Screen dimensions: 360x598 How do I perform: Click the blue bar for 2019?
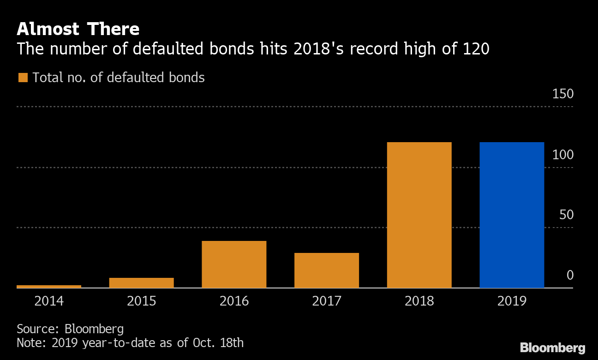click(x=512, y=215)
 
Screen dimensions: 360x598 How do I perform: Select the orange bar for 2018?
click(x=419, y=215)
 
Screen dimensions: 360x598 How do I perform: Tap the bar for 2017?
click(x=326, y=270)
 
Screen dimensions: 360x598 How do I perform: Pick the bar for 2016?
click(x=234, y=264)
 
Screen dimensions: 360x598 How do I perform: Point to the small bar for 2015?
click(x=141, y=282)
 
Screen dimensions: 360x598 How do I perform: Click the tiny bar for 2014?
click(x=49, y=286)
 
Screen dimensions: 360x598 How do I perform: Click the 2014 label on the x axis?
click(x=49, y=301)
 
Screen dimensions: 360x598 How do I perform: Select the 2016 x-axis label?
click(x=234, y=301)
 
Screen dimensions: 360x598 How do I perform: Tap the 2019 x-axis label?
click(x=512, y=301)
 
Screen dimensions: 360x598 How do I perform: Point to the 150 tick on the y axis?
click(x=563, y=94)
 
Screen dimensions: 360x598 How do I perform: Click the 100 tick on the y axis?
click(x=563, y=155)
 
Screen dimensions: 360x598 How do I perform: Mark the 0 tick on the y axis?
click(x=570, y=276)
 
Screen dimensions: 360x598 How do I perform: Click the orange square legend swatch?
click(x=23, y=78)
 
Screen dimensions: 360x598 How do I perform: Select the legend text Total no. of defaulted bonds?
click(x=119, y=78)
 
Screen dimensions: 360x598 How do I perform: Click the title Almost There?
click(x=78, y=29)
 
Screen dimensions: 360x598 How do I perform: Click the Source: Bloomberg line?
click(x=70, y=329)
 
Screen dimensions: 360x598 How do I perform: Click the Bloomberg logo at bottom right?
click(x=552, y=348)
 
